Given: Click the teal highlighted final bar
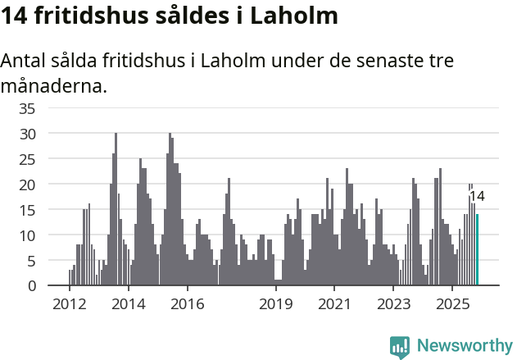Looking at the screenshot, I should [478, 250].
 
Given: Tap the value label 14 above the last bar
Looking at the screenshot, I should [476, 196].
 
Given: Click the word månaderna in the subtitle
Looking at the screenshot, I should [54, 85].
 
